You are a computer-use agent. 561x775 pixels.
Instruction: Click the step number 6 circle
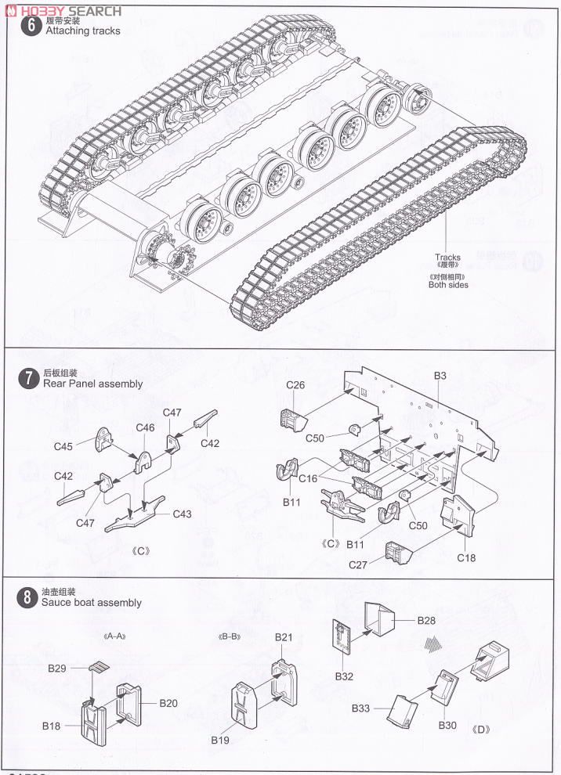32,25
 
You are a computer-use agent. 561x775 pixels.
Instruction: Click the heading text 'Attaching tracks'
83,31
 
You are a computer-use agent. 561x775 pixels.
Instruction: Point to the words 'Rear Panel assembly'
93,384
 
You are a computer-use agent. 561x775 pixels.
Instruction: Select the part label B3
440,377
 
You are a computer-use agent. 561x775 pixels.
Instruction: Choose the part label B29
57,669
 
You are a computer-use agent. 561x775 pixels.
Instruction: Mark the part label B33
360,708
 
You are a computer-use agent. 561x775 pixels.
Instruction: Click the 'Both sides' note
448,285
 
